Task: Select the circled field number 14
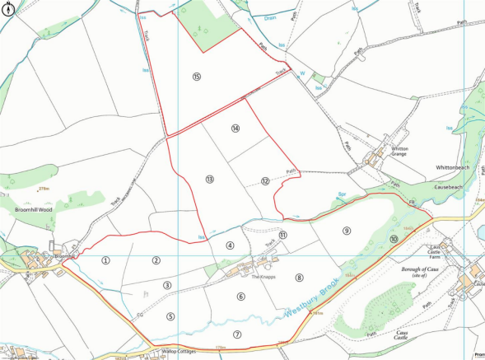pos(236,129)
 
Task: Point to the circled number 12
pos(265,180)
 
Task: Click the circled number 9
pos(347,231)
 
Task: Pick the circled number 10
pos(394,240)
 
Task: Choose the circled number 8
pos(300,278)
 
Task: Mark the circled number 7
pos(237,334)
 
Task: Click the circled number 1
pos(105,260)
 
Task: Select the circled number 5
pos(170,316)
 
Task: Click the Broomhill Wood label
pos(34,210)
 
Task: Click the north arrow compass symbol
pos(8,9)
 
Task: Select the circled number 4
pos(231,245)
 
